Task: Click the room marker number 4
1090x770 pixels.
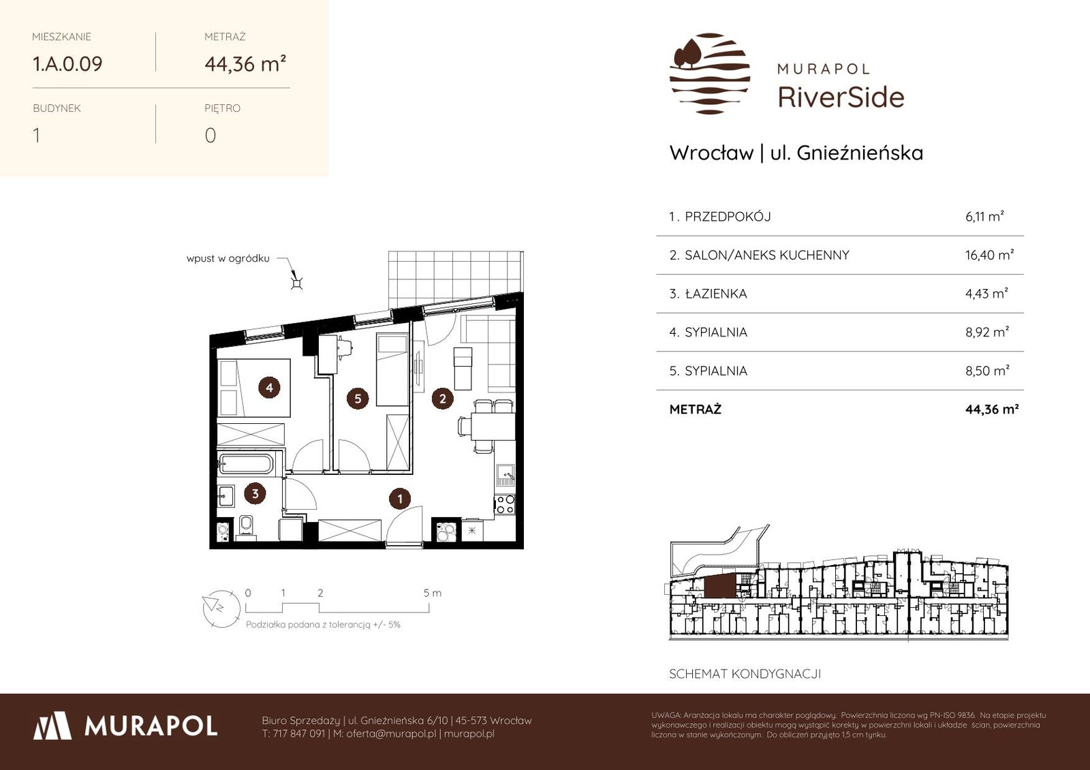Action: pos(269,388)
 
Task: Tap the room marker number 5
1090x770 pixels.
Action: pos(358,399)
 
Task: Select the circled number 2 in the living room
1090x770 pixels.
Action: pos(442,399)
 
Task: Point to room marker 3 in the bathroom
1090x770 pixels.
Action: pos(255,493)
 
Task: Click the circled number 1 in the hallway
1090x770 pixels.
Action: pos(400,499)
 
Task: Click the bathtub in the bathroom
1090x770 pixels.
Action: pos(246,464)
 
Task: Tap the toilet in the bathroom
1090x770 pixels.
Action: pos(246,527)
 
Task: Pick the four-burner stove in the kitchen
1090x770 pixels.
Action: pos(505,504)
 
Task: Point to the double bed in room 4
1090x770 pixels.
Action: pos(253,388)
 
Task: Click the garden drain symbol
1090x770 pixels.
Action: pos(297,283)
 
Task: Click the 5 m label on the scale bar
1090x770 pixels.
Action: pos(432,593)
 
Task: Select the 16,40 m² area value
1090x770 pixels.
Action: pos(989,255)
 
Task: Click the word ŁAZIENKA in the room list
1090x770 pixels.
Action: pos(715,294)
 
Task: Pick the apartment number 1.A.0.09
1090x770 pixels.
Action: pos(67,64)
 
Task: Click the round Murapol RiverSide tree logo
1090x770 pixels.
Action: pos(710,74)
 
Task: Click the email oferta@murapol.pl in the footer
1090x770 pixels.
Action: pos(391,733)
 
